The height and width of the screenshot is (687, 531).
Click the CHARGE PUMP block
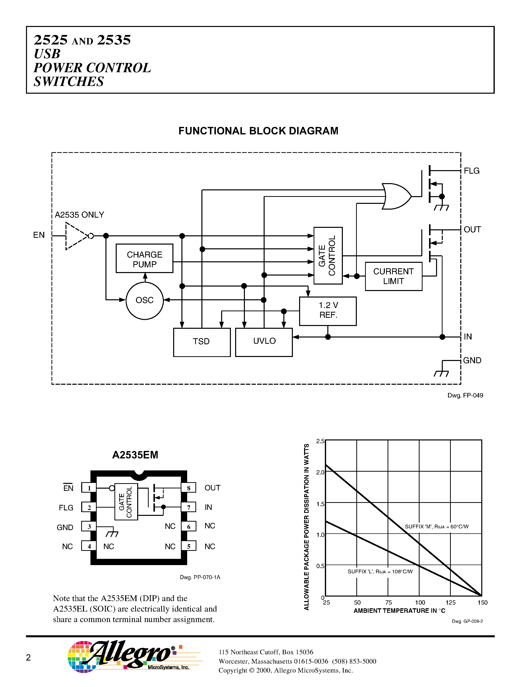click(x=144, y=258)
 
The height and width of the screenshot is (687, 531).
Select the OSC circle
click(x=144, y=300)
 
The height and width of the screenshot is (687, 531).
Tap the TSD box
click(x=202, y=342)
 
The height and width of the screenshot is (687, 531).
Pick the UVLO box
click(x=264, y=342)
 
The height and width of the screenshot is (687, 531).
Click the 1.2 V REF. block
click(x=328, y=311)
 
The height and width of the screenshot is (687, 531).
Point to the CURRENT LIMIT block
click(x=393, y=276)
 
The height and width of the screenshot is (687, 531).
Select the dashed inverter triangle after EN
click(x=76, y=236)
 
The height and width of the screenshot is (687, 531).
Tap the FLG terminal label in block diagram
click(x=472, y=171)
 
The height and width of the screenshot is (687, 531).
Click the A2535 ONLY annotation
click(x=79, y=215)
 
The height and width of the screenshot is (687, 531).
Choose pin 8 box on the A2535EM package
click(x=188, y=488)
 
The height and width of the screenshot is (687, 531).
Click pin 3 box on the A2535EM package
click(x=89, y=527)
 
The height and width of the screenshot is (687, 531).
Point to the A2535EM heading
click(x=135, y=455)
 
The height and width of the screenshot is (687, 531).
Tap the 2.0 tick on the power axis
click(x=320, y=472)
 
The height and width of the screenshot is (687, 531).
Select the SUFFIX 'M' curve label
click(x=436, y=527)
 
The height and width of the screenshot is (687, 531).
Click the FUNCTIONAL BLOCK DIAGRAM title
click(x=258, y=131)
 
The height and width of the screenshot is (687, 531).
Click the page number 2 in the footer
click(x=28, y=658)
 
